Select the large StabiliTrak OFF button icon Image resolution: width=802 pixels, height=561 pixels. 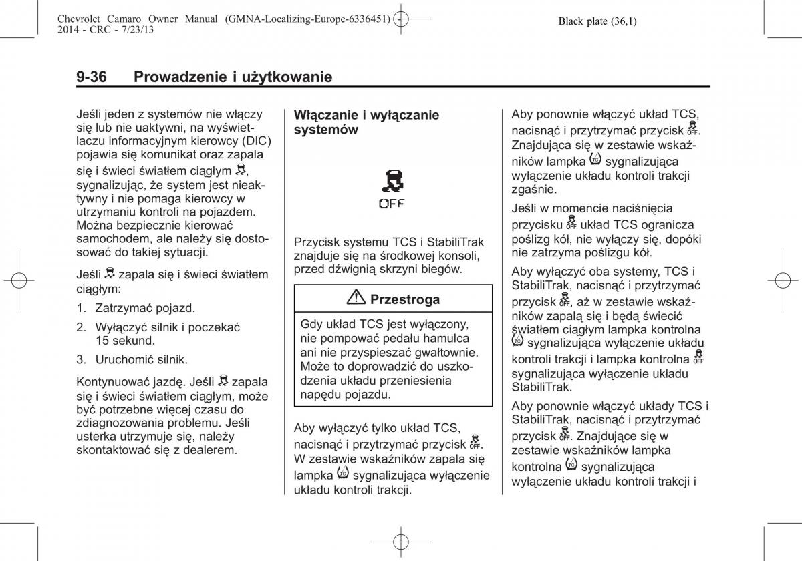[x=391, y=189]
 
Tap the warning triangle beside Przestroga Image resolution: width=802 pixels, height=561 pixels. [x=358, y=299]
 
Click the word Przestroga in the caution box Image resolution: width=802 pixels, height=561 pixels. [x=404, y=299]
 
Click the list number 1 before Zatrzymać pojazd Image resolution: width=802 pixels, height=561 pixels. [x=81, y=309]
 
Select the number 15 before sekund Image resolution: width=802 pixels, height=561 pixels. [x=102, y=340]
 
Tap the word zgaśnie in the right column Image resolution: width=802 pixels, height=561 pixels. [x=529, y=189]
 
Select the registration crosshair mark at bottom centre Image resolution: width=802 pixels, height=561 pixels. [x=400, y=540]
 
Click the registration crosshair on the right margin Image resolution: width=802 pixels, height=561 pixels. [x=783, y=280]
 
